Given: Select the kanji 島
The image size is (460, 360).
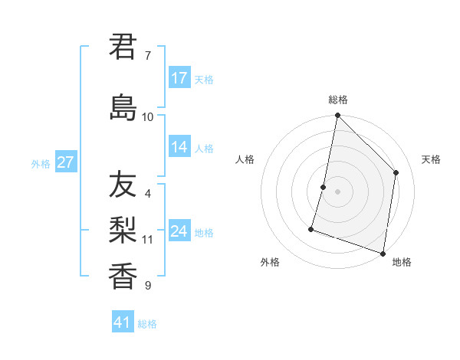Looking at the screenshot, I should click(x=123, y=107).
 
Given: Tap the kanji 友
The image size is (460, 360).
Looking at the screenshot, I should click(x=123, y=185).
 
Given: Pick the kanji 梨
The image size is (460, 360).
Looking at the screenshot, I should click(x=123, y=231).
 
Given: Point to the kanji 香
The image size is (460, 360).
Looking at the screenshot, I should click(x=123, y=276).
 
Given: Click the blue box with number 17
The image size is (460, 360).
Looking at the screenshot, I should click(x=179, y=78).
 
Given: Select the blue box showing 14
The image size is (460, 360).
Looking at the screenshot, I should click(x=179, y=148).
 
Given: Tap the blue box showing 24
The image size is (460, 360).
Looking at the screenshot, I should click(x=179, y=231).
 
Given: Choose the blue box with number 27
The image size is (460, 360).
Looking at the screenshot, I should click(x=66, y=162).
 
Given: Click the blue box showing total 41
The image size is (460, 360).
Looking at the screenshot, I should click(x=123, y=322).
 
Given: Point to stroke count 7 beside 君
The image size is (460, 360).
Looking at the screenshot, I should click(x=147, y=56).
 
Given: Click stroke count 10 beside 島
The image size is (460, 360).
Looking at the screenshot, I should click(x=148, y=117).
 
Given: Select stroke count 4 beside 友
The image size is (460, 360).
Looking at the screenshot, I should click(x=148, y=194).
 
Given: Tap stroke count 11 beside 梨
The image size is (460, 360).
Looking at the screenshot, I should click(x=148, y=240).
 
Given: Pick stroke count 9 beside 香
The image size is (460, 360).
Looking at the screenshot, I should click(x=148, y=286).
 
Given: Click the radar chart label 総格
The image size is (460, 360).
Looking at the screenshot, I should click(x=338, y=100).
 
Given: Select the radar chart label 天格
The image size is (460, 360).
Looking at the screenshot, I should click(x=432, y=159).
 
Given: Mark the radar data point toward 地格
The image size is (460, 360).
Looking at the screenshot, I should click(x=383, y=254).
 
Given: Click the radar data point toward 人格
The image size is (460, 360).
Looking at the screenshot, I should click(x=324, y=187).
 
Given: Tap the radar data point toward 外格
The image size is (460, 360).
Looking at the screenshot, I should click(x=311, y=228).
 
